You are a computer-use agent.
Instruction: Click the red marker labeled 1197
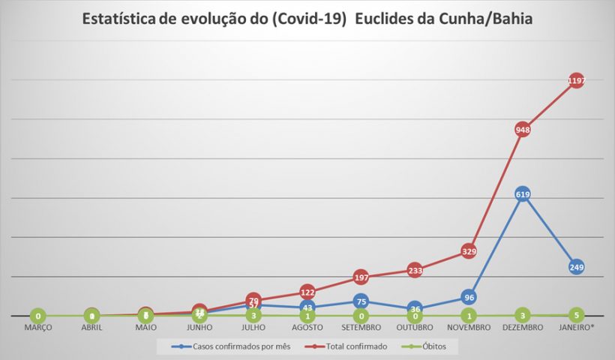pos(576,81)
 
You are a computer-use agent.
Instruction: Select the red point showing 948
pos(522,129)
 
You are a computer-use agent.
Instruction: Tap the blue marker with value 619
pos(522,194)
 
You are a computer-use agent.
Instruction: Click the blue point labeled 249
pos(576,267)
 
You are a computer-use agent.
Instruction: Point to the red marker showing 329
pos(469,251)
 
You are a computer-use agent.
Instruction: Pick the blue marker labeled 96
pos(469,297)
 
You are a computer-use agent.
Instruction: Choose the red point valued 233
pos(415,270)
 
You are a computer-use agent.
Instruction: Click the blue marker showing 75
pos(361,301)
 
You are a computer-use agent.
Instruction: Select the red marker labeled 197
pos(361,277)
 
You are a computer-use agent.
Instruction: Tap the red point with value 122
pos(307,292)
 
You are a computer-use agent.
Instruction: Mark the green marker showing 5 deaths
pos(576,315)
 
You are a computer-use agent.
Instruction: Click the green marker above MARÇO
pos(37,316)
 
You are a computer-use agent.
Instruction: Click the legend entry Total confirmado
pos(352,346)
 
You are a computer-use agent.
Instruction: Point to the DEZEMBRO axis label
pos(522,328)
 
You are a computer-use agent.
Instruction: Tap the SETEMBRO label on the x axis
pos(361,328)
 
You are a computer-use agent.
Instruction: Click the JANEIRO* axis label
pos(576,328)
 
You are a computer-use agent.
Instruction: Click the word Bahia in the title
pos(507,19)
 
